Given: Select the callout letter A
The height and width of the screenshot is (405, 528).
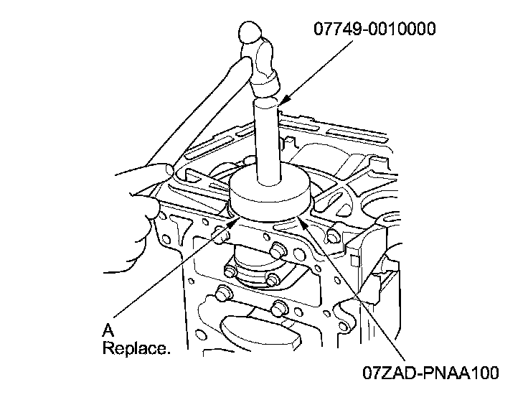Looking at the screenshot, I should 108,331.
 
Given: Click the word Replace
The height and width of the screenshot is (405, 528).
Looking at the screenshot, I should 136,350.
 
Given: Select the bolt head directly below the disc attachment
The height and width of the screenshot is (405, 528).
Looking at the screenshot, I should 276,251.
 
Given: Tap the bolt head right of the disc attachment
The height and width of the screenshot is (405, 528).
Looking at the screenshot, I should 331,235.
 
